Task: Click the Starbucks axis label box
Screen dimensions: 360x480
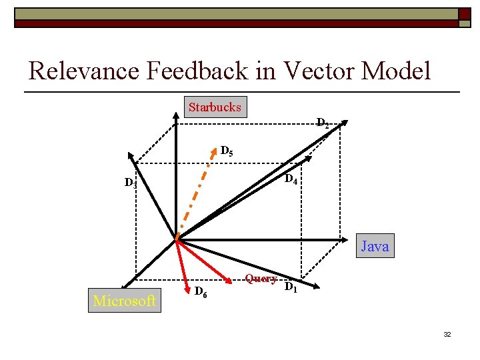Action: tap(215, 107)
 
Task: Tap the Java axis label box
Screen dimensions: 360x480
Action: tap(375, 247)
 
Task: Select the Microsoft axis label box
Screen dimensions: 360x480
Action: tap(125, 301)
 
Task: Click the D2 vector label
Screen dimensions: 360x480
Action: tap(322, 123)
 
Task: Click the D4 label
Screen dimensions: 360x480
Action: tap(291, 180)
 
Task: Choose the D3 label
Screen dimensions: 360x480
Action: tap(131, 183)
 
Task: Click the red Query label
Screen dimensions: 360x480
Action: tap(261, 279)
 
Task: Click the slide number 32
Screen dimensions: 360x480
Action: tap(447, 334)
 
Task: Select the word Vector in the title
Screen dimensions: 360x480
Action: tap(319, 70)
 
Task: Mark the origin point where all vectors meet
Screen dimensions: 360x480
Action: tap(177, 238)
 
